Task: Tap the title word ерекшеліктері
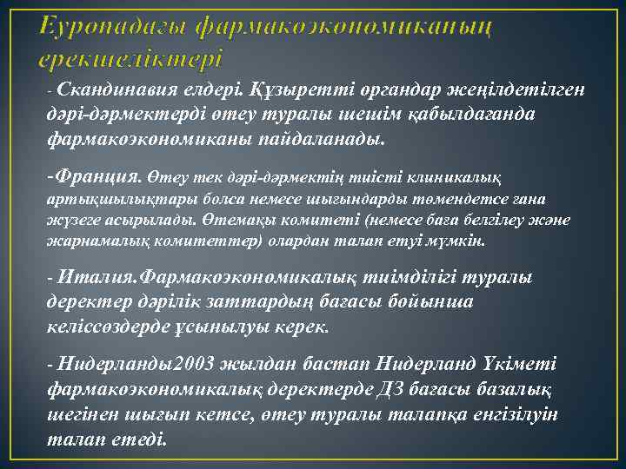(131, 60)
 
